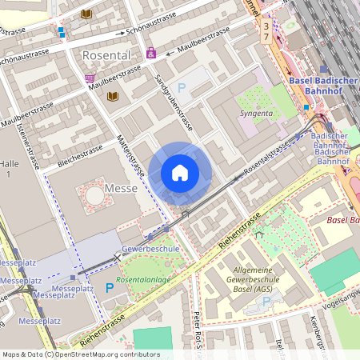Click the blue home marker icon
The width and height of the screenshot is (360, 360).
point(180,173)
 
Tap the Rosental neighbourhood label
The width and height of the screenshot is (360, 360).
point(106,54)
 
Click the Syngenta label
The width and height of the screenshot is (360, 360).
point(256,114)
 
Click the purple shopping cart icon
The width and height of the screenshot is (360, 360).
point(89,78)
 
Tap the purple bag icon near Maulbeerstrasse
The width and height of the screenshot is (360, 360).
point(150,54)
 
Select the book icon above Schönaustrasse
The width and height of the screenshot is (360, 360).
point(86,14)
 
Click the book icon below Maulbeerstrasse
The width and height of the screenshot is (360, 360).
point(112,96)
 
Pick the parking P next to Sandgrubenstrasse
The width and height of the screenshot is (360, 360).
point(181,88)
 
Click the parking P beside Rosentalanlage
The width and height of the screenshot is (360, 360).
point(110,287)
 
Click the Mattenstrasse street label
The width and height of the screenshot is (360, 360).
point(131,157)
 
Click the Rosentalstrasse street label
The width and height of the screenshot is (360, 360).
point(266,158)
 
